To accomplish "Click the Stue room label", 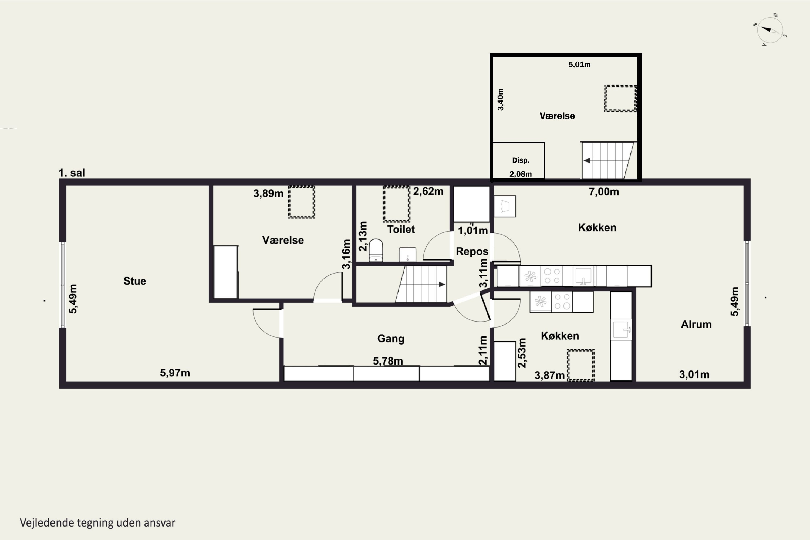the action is pos(135,281).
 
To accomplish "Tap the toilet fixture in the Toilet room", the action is pos(376,250).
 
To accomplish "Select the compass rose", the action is pos(770,30).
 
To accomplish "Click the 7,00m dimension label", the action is pos(604,192).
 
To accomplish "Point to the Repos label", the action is pos(472,251).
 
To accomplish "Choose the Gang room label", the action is pos(391,339).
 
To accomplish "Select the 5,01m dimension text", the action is pos(579,65).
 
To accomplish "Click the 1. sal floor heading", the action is pos(72,173).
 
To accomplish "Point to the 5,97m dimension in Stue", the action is pos(175,373).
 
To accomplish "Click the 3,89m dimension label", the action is pos(268,194).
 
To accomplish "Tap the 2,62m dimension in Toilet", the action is pos(428,191).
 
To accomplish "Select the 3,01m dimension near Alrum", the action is pos(694,375).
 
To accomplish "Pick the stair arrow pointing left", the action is pos(587,160).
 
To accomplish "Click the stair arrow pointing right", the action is pos(442,285).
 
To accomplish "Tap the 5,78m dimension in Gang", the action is pos(388,361).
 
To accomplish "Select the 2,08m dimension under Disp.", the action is pos(520,174).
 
